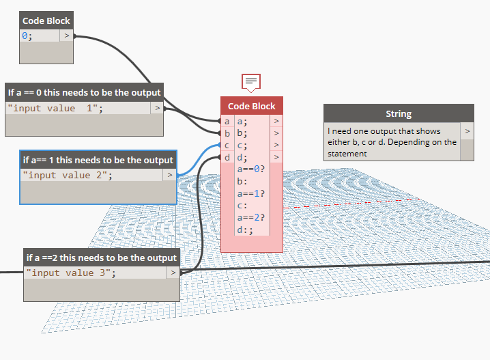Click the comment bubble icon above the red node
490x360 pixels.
pos(251,82)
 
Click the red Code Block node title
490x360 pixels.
pos(251,106)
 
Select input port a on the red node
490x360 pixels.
pos(227,122)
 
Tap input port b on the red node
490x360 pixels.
pos(227,133)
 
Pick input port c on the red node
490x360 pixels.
pos(227,145)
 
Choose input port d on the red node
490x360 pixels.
pos(227,157)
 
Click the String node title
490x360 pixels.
pos(399,113)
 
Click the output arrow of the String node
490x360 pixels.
pos(467,130)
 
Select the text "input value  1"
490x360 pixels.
pos(55,108)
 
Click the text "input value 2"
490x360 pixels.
pos(68,175)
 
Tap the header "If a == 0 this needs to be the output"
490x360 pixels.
pos(84,92)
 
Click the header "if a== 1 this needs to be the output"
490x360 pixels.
pos(98,160)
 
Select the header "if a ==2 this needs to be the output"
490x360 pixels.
pos(102,258)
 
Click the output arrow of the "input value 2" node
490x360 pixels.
pos(170,175)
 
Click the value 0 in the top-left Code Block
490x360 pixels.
pos(25,36)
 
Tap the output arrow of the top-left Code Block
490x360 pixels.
pos(66,36)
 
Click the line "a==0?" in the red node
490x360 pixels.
pos(251,169)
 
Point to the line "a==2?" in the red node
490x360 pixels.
pos(251,218)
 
